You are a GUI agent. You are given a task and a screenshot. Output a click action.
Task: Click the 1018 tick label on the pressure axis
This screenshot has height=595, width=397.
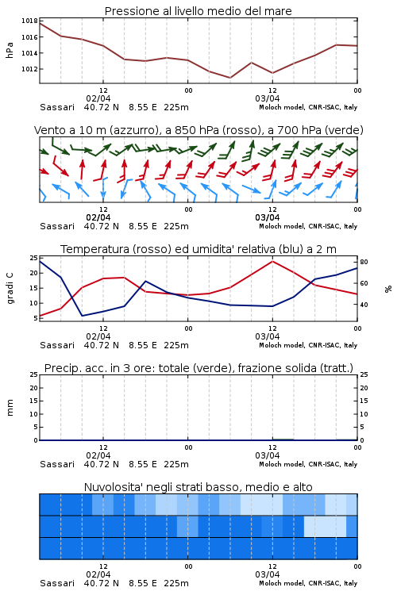[29, 21]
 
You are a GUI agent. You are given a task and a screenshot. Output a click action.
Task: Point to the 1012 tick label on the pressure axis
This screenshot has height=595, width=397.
[29, 69]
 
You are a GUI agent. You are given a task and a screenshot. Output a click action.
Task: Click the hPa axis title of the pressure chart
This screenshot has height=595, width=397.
[10, 50]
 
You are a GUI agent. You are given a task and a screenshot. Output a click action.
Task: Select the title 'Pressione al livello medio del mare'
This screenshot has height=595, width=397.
[198, 11]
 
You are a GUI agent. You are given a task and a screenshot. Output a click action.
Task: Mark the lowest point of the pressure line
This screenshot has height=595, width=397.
[229, 78]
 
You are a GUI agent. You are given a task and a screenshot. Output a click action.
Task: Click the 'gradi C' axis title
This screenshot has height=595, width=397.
[10, 288]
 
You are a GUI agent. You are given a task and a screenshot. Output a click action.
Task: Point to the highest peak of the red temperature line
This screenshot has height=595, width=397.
[272, 261]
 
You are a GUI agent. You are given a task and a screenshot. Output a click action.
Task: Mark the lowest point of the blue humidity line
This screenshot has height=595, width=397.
[82, 316]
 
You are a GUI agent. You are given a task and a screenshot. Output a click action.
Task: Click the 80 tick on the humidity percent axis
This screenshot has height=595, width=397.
[364, 262]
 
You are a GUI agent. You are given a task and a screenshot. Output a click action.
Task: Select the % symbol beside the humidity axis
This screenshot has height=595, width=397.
[388, 289]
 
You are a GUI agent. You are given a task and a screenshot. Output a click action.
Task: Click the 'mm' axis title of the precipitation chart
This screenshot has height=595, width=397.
[10, 408]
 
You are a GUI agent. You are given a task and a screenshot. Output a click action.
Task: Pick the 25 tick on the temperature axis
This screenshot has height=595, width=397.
[34, 258]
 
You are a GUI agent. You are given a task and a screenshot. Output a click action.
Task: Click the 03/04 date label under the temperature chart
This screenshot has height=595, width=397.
[268, 336]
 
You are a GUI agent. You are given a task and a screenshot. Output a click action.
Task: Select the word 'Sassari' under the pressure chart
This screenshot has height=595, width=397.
[57, 107]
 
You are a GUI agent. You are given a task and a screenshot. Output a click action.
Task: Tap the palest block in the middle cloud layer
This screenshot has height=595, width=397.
[326, 526]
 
